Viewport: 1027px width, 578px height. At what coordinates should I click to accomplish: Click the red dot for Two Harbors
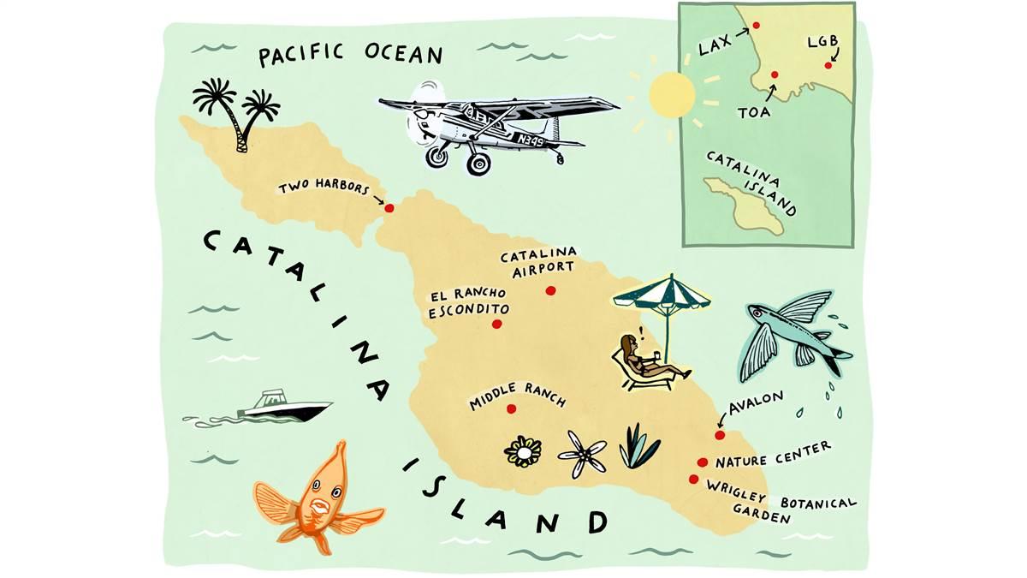pos(389,208)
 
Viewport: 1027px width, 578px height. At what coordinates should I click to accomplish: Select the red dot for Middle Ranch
pos(511,408)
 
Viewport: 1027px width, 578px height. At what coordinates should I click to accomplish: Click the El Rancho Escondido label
pos(469,303)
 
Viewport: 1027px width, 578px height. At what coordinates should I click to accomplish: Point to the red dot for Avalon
pos(720,435)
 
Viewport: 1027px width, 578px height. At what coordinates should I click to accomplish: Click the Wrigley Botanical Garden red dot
pos(693,479)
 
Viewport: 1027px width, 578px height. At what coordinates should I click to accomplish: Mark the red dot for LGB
pos(828,65)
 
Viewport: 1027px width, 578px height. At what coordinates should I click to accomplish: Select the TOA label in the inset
pos(754,110)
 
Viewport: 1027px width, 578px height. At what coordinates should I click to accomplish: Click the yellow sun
pos(672,94)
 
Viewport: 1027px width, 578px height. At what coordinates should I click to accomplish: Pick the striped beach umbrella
pos(662,296)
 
